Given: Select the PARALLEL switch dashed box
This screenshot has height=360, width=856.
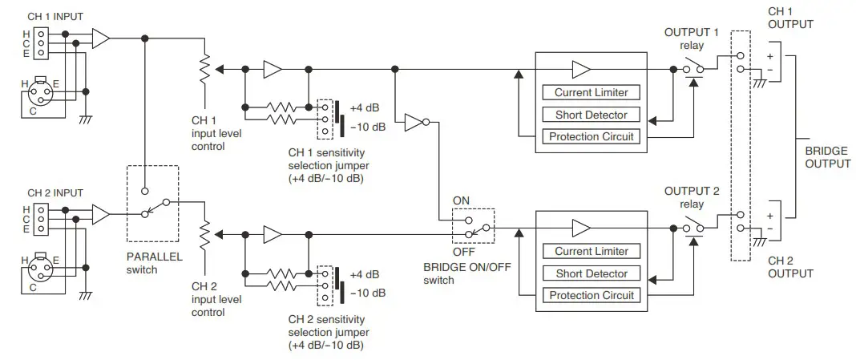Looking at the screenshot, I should [x=153, y=204].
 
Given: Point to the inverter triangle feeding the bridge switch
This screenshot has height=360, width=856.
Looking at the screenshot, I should [x=416, y=123].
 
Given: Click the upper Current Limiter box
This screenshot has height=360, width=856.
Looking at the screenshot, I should [x=591, y=92].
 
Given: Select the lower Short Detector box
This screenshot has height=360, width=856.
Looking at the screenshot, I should [x=591, y=273].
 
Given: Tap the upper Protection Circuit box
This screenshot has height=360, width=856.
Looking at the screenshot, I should [x=591, y=136].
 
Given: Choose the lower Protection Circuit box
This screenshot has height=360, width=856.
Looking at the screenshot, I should [x=591, y=295].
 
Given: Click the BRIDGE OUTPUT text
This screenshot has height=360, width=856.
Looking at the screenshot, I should [x=826, y=156].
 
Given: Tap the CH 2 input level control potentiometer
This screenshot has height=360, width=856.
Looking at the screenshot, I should [x=205, y=235].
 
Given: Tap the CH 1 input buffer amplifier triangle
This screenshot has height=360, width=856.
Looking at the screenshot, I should [x=102, y=38].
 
